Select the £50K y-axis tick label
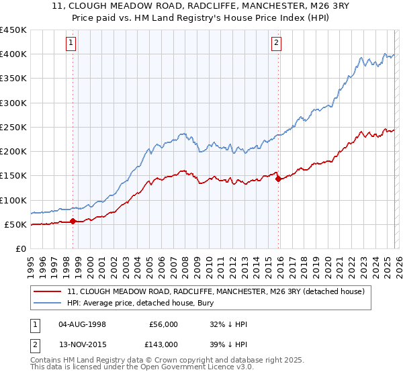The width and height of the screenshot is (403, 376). (16, 224)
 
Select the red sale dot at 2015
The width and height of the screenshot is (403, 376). (278, 179)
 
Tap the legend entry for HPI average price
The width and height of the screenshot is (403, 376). (128, 303)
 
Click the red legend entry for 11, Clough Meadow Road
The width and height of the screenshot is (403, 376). (216, 291)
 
